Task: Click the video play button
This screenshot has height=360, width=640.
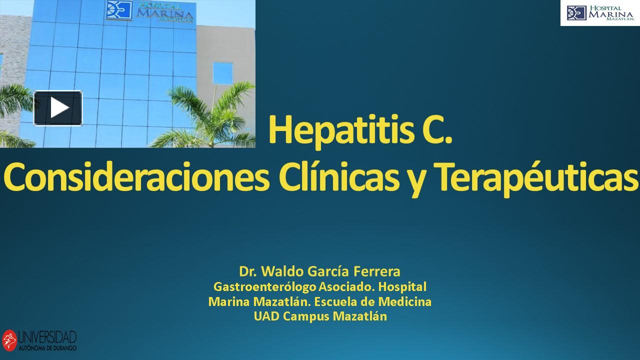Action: coord(58,108)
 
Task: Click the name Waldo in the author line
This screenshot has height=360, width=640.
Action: coord(283,272)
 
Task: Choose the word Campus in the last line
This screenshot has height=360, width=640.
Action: coord(304,317)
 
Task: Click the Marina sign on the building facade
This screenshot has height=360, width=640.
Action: coord(150,11)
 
